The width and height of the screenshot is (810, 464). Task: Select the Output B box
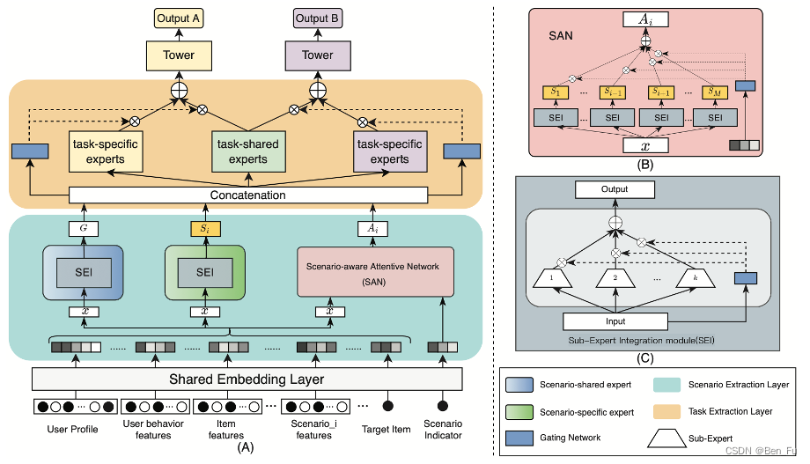pos(318,17)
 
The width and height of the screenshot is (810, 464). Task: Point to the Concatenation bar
pos(248,195)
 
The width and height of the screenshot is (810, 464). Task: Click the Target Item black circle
pos(387,407)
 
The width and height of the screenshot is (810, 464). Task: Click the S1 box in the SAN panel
pos(555,91)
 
